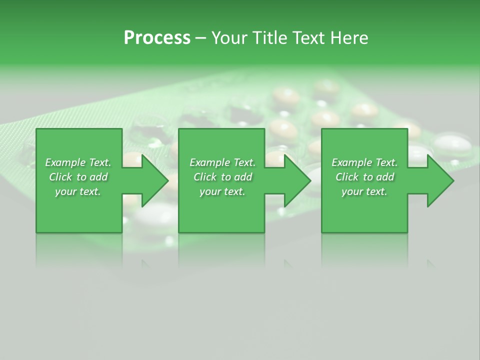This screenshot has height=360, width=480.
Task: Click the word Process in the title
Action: click(x=157, y=38)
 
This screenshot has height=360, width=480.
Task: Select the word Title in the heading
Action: click(x=272, y=38)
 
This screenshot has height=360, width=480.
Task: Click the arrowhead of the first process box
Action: click(x=155, y=180)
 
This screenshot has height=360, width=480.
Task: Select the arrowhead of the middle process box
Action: click(x=297, y=180)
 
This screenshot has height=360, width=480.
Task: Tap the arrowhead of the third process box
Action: click(x=440, y=180)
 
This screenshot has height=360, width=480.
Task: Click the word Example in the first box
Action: click(x=65, y=162)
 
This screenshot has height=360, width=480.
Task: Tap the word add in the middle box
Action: click(x=243, y=177)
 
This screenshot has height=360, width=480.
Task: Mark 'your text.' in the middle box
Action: click(x=222, y=191)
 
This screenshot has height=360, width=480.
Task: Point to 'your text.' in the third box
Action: click(x=364, y=191)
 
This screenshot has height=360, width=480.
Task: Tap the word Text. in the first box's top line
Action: click(x=100, y=162)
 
